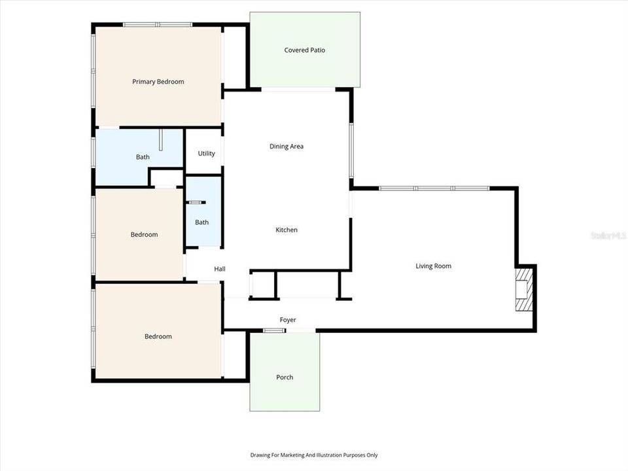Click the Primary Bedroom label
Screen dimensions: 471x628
click(x=158, y=82)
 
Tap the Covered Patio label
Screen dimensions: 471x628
click(x=304, y=50)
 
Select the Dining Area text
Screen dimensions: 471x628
click(x=287, y=147)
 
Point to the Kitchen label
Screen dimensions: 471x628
click(x=287, y=230)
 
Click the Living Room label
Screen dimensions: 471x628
click(x=433, y=266)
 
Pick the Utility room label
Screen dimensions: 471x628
click(x=206, y=154)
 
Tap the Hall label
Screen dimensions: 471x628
click(x=220, y=269)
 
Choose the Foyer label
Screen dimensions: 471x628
click(x=288, y=320)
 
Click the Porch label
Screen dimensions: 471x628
click(x=285, y=377)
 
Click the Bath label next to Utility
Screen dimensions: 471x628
click(x=143, y=157)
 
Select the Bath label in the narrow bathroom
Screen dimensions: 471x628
click(x=201, y=222)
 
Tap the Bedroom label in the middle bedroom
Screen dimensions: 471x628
click(x=144, y=235)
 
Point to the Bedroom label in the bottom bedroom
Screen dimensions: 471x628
click(x=158, y=337)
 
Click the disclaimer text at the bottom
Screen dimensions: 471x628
click(x=313, y=455)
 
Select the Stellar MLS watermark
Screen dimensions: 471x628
click(x=608, y=235)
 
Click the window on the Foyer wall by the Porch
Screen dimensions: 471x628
click(x=274, y=330)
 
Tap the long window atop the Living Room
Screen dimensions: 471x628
click(x=434, y=188)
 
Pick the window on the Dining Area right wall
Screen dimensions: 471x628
click(x=351, y=150)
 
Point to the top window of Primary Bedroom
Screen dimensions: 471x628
click(x=157, y=25)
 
